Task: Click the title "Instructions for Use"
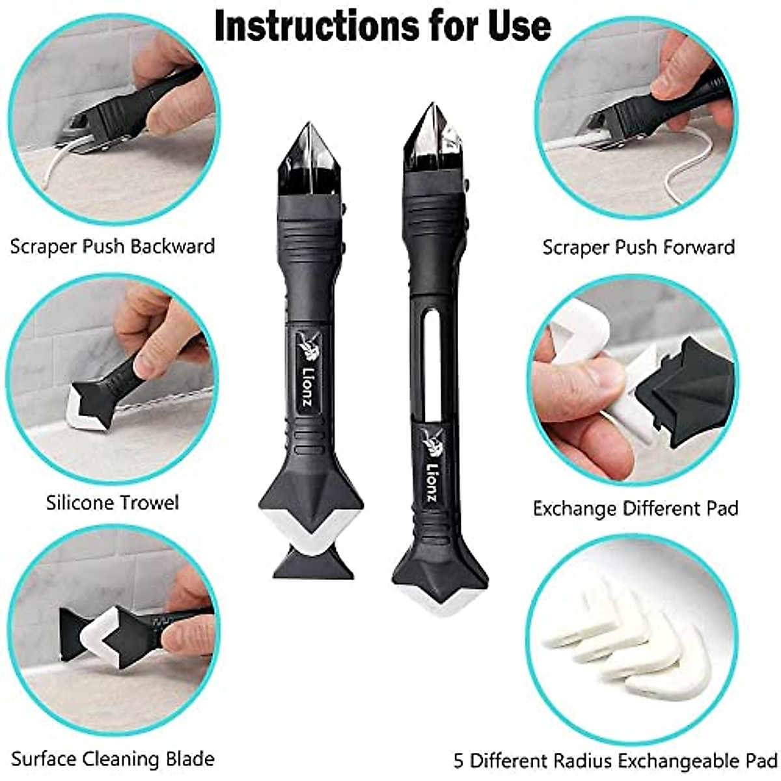(383, 26)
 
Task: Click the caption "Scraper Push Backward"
(113, 247)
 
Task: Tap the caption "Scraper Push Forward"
(638, 247)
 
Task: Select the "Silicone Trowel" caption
(113, 502)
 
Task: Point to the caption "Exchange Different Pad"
(635, 508)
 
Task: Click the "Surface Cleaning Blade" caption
(113, 759)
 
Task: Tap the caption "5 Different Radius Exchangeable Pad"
(615, 760)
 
